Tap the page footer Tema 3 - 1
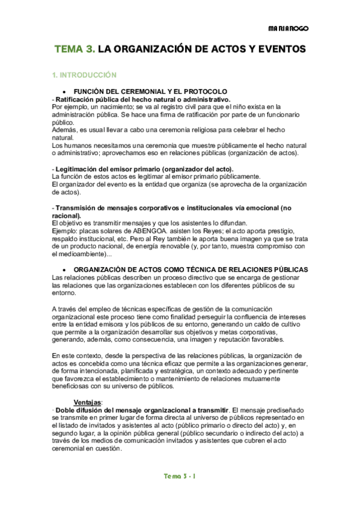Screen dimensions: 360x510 point(180,476)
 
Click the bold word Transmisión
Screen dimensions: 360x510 point(76,208)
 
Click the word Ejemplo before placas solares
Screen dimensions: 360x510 point(66,230)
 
